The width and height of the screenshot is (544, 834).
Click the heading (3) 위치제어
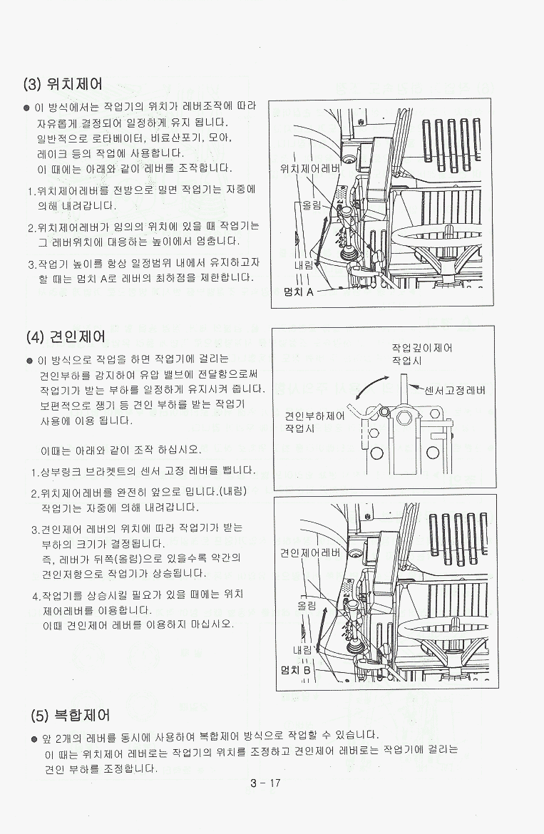(63, 84)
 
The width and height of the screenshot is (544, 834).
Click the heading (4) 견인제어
(66, 336)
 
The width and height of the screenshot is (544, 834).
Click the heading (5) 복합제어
(70, 715)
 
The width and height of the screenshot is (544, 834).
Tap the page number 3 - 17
(265, 783)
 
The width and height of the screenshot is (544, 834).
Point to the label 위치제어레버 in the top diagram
(309, 169)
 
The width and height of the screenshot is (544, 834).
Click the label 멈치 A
(299, 292)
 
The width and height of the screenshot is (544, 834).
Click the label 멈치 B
(295, 670)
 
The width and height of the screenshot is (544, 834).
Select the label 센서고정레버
(455, 390)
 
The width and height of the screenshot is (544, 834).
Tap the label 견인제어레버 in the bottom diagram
(310, 552)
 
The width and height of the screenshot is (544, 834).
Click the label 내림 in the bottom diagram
(303, 649)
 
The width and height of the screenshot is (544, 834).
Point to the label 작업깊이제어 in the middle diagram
(422, 348)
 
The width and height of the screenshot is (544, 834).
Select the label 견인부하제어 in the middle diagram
(315, 416)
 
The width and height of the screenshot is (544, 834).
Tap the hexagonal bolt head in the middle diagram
(404, 418)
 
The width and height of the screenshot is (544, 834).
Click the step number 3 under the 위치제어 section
(31, 264)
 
